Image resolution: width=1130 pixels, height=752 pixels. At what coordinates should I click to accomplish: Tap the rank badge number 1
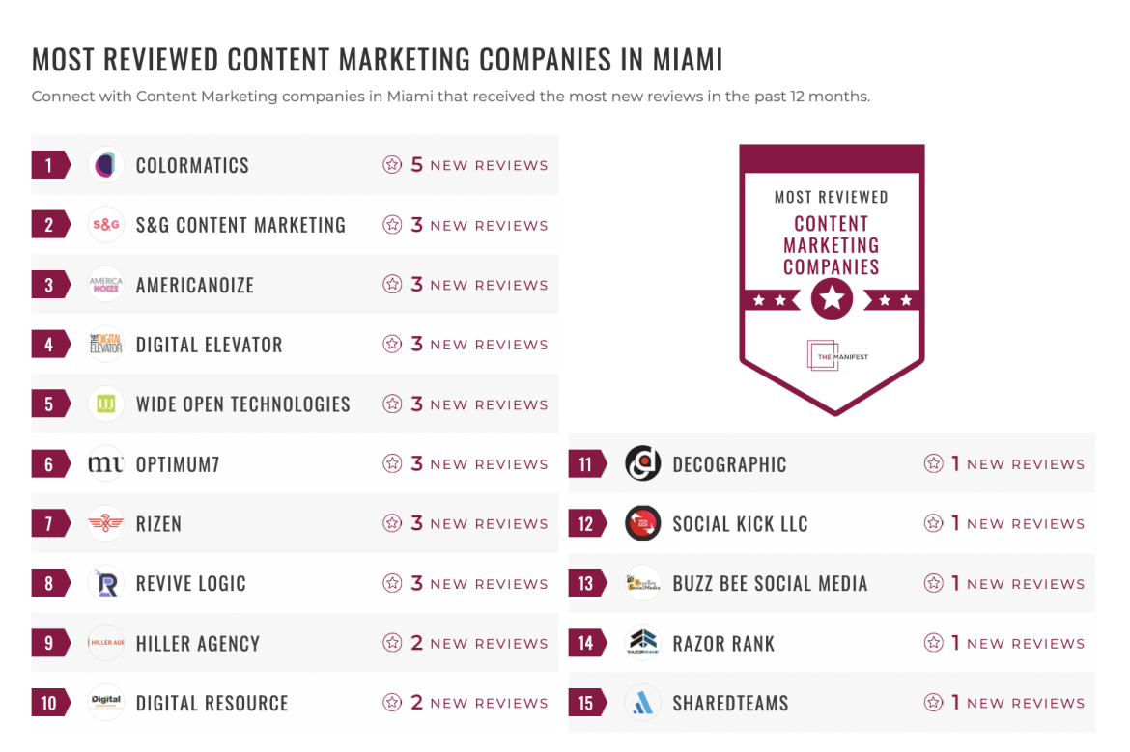coord(48,165)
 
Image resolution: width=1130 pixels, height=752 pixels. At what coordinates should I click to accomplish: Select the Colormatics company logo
coord(105,165)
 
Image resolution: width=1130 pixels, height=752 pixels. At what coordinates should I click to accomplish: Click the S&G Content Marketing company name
coord(240,225)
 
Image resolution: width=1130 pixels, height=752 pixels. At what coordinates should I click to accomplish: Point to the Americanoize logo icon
coord(105,285)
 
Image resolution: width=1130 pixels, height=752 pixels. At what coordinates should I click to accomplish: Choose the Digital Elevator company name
coord(209,345)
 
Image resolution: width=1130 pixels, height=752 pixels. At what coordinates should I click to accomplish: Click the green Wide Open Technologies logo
coord(105,404)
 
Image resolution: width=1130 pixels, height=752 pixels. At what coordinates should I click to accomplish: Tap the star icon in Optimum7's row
coord(392,464)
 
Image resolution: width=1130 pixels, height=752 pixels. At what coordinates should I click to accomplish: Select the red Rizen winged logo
coord(105,524)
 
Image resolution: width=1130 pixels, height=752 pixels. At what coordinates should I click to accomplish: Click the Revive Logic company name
coord(190,584)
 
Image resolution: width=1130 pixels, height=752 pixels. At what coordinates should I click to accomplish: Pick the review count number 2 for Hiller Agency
coord(417,643)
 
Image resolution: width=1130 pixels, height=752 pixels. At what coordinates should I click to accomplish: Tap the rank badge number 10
coord(48,703)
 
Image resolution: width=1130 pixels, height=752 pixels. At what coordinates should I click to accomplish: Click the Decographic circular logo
coord(642,464)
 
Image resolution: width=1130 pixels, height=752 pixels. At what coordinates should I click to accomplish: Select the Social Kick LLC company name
coord(740,524)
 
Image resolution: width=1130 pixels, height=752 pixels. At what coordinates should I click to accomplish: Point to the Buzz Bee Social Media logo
coord(642,584)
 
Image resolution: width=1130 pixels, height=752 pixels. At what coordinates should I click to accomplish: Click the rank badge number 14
coord(585,643)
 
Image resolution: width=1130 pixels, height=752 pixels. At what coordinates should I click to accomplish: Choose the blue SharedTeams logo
coord(642,703)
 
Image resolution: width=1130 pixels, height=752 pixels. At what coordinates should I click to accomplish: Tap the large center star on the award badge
coord(832,299)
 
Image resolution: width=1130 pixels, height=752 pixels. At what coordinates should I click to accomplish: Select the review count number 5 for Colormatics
coord(417,165)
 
